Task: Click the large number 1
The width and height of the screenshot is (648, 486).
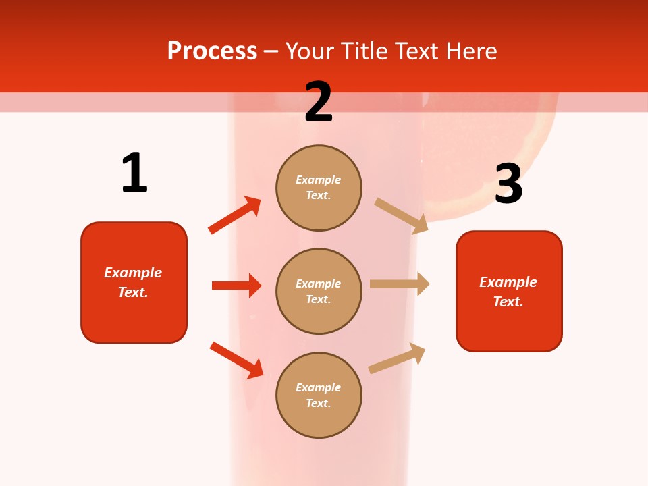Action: click(134, 173)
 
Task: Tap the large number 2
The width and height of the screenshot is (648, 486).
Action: click(319, 102)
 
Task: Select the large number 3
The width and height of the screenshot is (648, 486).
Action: click(508, 184)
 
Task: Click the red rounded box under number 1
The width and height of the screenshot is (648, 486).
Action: click(134, 282)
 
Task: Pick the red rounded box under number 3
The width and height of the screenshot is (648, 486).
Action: click(509, 291)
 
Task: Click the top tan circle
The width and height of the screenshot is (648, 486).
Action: click(319, 188)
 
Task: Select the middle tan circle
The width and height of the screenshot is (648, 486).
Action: click(319, 291)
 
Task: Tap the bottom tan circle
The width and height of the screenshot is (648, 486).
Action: click(319, 395)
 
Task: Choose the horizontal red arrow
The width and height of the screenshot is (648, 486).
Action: click(236, 286)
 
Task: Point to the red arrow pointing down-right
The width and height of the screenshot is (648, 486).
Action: click(237, 360)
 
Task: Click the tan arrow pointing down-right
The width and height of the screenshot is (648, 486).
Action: click(402, 216)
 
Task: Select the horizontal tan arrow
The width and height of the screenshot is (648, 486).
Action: click(400, 284)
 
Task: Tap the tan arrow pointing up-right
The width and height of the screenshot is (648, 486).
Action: click(398, 358)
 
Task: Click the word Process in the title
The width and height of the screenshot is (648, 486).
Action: click(212, 51)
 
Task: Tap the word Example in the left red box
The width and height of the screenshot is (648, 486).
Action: click(133, 273)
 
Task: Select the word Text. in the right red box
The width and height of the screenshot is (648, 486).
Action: click(508, 302)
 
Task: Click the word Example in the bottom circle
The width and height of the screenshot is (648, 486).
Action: click(319, 387)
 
